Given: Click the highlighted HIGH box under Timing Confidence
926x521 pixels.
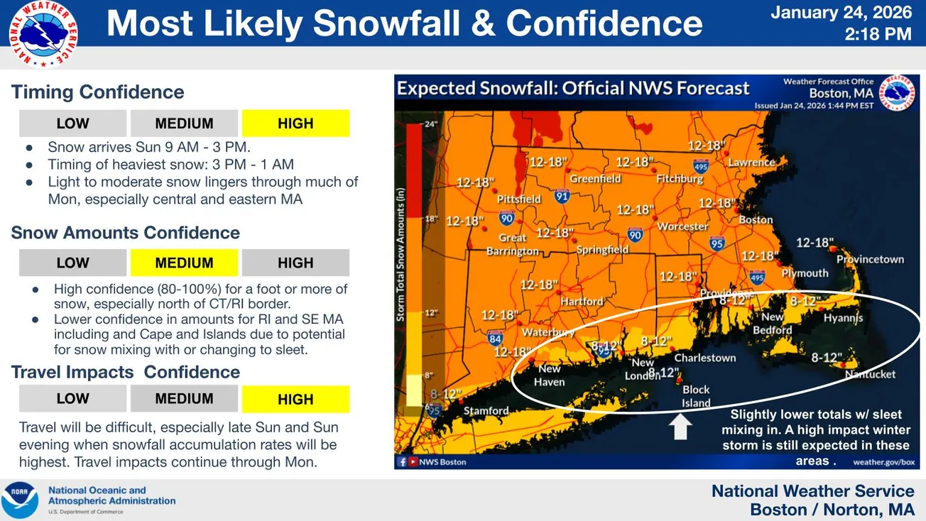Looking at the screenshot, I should coord(295,124).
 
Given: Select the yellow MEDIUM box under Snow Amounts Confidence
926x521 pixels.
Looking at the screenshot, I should coord(184,263).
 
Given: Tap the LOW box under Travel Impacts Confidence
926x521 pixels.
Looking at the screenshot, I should coord(72,399).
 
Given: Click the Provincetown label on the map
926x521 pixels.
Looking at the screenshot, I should coord(870,260).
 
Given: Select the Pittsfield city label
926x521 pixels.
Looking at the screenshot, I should coord(518,199).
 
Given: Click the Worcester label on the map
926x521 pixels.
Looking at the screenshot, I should coord(683,226).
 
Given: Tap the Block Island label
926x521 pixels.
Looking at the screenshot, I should coord(696,396).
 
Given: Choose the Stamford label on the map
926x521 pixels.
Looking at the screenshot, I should coord(486,410).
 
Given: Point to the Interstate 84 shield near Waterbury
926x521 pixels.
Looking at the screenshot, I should coord(496,339).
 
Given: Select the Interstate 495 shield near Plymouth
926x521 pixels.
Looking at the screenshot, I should coord(757,277).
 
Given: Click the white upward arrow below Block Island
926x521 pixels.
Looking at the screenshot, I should coord(681,427).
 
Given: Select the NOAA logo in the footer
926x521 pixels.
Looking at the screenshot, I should coord(20,500).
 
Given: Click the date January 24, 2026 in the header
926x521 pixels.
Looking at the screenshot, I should coord(841,13).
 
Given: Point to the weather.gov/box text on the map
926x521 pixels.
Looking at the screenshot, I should coord(883,461).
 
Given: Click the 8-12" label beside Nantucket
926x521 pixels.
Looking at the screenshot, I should coord(827,358).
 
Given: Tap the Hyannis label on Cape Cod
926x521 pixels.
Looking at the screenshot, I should coord(843,319).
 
